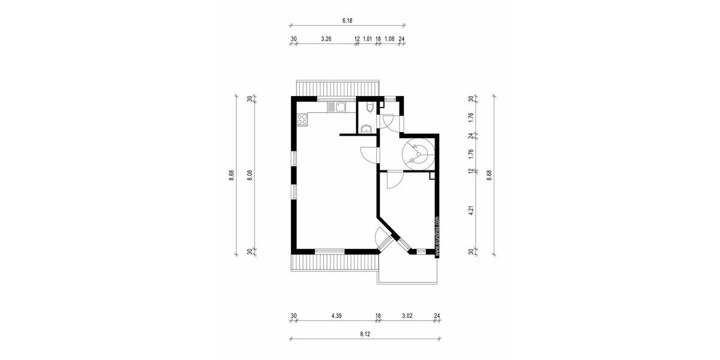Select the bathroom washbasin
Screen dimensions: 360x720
point(365,127)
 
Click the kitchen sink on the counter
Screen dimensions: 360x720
point(337,107)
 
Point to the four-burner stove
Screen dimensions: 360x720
point(301,119)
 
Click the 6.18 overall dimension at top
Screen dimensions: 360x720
point(347,20)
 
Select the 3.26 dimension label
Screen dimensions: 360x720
point(326,39)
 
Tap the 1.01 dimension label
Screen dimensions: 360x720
point(368,39)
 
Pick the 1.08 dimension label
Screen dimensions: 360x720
point(389,39)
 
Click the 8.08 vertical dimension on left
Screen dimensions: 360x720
point(250,175)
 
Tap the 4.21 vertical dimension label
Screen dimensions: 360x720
point(471,211)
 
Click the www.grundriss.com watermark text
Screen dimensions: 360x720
point(437,236)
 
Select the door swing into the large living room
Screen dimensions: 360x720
point(367,154)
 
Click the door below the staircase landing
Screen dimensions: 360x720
point(394,179)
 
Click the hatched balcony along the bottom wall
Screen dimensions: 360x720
point(335,262)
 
